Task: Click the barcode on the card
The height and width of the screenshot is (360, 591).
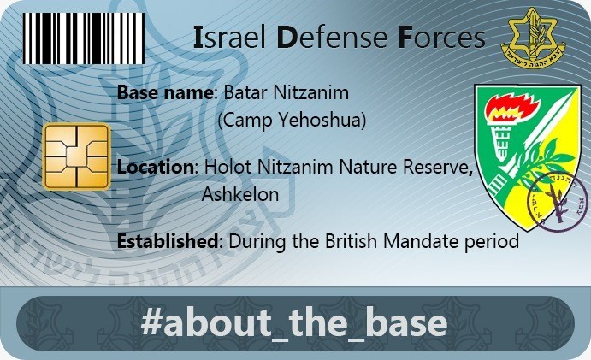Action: point(84,38)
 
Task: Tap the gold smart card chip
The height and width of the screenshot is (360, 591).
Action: point(76,156)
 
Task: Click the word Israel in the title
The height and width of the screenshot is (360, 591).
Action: point(230,38)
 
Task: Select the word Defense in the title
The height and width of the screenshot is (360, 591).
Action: point(333,38)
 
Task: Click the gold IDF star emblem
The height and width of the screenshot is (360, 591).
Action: point(533,38)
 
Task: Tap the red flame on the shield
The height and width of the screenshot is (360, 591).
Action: point(507,108)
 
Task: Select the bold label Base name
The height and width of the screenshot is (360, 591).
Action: point(165,92)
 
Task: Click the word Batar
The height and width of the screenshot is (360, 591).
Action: point(245,92)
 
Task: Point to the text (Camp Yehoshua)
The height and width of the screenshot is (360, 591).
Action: point(293,121)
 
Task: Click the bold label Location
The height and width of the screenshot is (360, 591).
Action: point(156,167)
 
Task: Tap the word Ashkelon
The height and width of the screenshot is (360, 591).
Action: point(240,194)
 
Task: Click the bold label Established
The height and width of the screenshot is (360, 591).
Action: point(168,241)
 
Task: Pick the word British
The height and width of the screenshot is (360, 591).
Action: point(352,241)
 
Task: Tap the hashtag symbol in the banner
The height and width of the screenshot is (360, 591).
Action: point(151,322)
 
